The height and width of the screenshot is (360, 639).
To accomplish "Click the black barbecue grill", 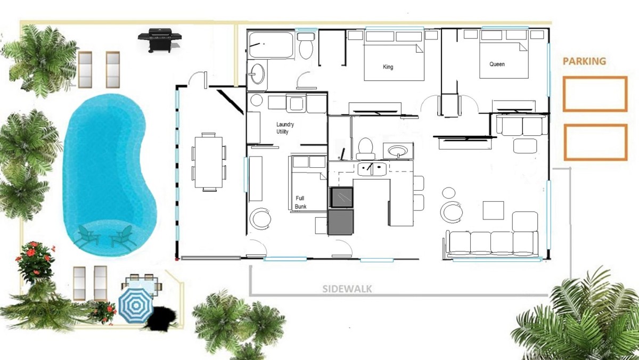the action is pos(160,40).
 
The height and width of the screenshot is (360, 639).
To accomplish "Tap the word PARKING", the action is pos(584,61).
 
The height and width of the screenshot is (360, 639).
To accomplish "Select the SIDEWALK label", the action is pos(347,289).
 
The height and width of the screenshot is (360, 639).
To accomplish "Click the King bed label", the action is pos(388,67).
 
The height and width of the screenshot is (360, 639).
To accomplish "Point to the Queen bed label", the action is pos(497,64).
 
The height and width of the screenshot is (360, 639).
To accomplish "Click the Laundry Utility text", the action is pos(285,128).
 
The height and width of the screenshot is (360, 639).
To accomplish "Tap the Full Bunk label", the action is pos(300,202).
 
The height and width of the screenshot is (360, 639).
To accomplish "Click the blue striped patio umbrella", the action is pos(136,306).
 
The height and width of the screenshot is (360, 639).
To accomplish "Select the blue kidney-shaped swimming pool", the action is pos(109,175).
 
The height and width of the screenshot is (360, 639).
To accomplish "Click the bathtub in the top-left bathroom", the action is pos(271,45).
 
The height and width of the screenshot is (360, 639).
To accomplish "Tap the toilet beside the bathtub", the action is pos(306,46).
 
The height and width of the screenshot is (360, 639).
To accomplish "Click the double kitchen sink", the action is pos(372,169).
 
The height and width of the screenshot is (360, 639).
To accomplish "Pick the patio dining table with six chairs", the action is pos(209,162).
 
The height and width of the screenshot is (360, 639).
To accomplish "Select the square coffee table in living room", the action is pos(493,210).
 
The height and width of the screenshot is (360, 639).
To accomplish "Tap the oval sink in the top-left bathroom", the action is pos(257,74).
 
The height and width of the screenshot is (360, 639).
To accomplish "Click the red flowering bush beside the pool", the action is pos(35,261).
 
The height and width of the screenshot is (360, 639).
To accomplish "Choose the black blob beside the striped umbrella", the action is pos(160,318).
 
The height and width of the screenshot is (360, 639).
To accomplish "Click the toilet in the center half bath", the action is pos(365,149).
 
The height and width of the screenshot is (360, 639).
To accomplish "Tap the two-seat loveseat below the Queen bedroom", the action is pos(522,125).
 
